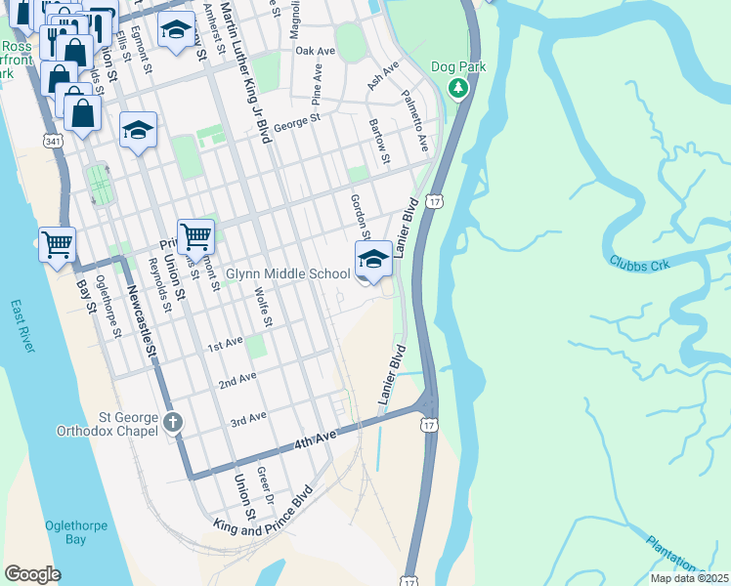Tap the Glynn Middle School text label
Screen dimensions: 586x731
[287, 274]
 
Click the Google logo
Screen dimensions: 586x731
[32, 573]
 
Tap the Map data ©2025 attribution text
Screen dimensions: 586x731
[689, 578]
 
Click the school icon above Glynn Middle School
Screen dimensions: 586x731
[372, 259]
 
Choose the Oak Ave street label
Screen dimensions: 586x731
[315, 50]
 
